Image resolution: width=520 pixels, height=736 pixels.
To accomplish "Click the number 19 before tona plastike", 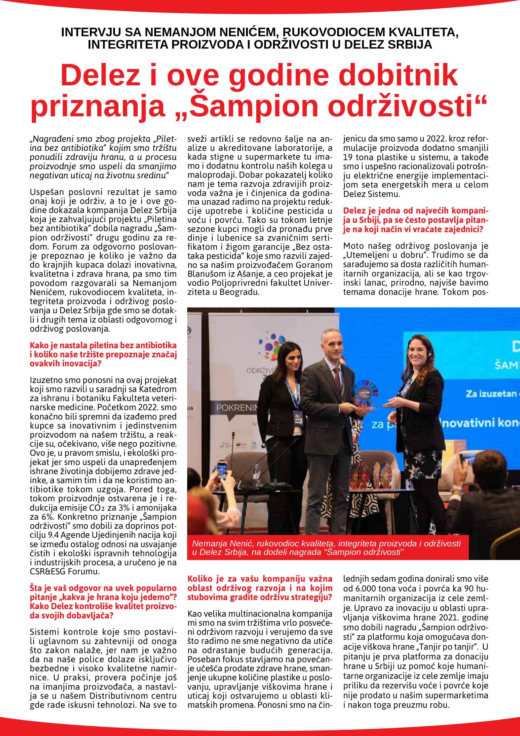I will click(x=348, y=157).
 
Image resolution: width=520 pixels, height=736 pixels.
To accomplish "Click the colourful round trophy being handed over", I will click(x=365, y=395).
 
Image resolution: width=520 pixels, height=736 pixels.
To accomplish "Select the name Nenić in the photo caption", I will click(x=242, y=543).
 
